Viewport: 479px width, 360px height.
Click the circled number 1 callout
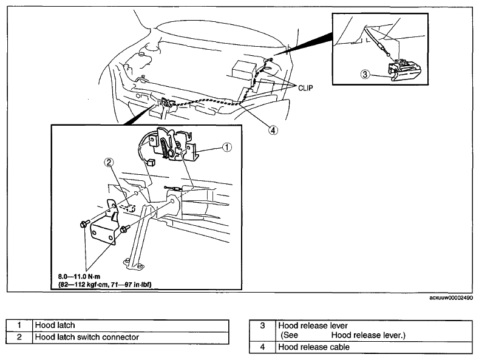pos(227,148)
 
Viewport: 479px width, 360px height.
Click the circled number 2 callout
pos(109,163)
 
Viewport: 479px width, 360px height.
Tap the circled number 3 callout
pos(365,74)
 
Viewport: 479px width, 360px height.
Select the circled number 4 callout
pos(273,131)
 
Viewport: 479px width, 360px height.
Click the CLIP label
pos(305,88)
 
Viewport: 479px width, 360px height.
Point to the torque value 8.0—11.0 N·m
pos(79,277)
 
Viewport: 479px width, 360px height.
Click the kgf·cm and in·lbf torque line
pos(105,285)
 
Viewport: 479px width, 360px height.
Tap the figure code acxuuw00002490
pos(451,297)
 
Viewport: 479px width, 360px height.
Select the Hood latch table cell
pos(131,325)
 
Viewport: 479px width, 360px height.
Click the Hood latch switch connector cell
pos(131,338)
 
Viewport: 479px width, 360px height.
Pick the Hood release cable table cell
pos(374,347)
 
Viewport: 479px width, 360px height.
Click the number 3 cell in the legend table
pos(262,331)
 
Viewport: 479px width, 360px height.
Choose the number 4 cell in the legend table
pos(262,347)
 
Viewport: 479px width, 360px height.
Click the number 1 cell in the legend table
pos(19,325)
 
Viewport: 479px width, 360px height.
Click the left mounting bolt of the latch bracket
pos(84,224)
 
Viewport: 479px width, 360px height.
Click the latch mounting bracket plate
pos(104,222)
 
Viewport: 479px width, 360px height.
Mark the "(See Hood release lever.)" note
pos(343,335)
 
